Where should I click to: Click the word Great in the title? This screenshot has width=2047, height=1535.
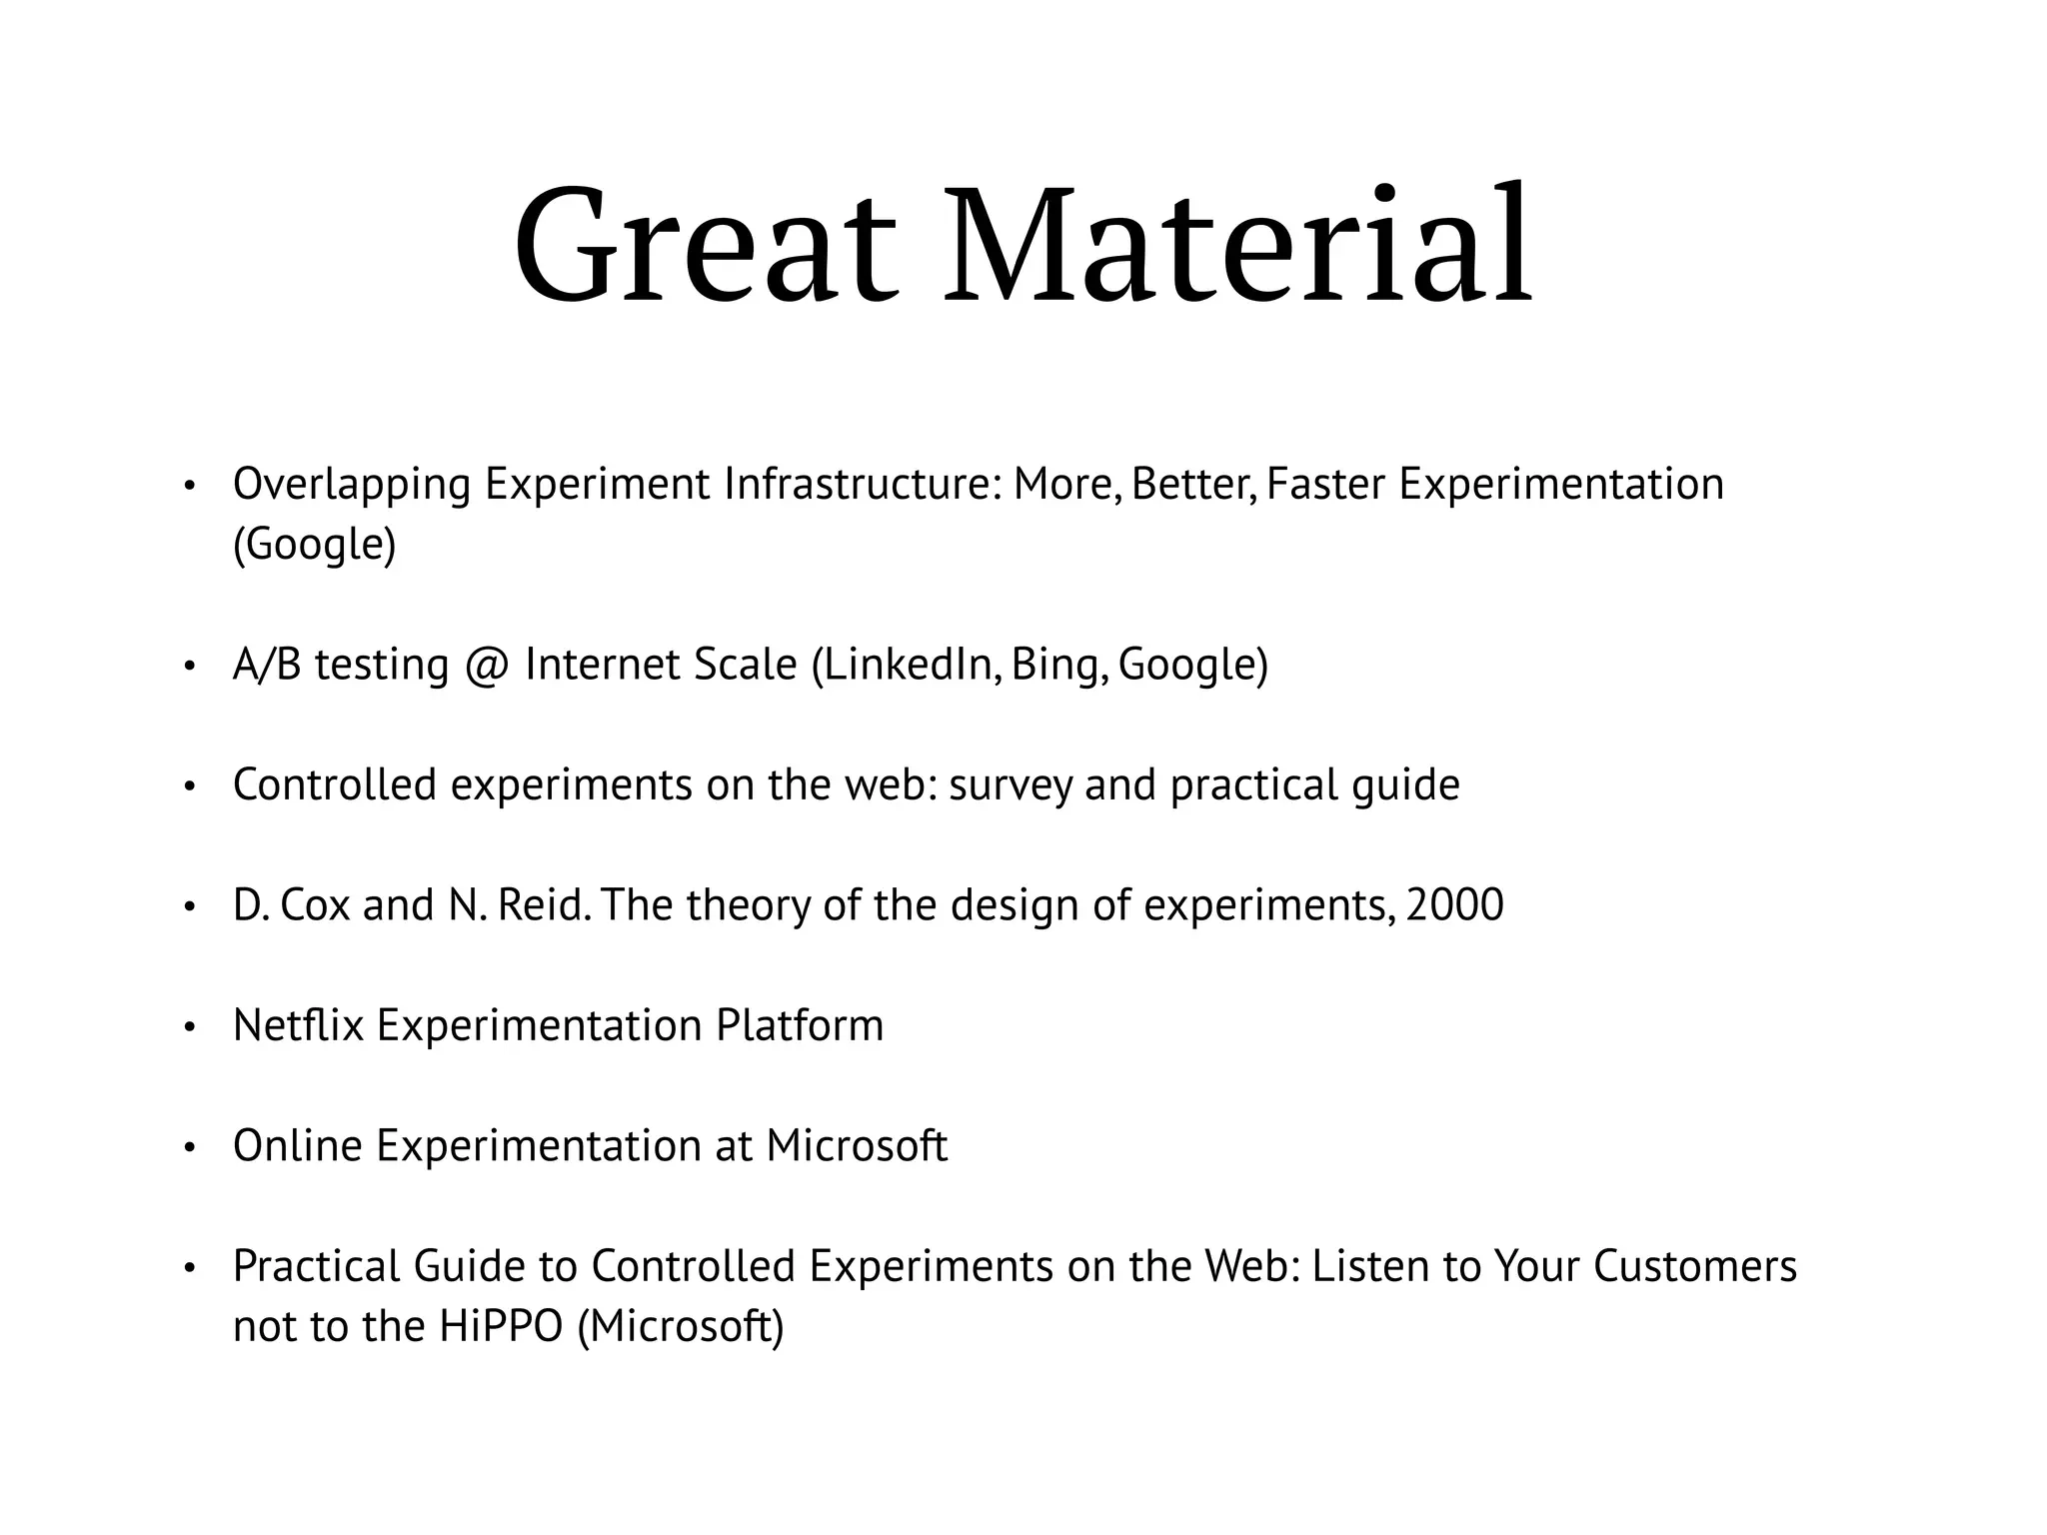pos(706,245)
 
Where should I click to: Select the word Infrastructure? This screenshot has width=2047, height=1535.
pos(862,485)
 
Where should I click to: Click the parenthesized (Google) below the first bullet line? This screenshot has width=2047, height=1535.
pos(315,546)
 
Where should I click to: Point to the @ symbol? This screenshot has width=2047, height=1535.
pos(487,666)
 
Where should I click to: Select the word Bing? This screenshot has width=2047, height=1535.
pos(1059,666)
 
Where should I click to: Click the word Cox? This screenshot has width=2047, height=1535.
pos(315,906)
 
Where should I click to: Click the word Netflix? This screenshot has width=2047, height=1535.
pos(298,1026)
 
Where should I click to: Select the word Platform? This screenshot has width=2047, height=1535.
pos(800,1026)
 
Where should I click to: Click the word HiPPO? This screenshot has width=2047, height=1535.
pos(501,1327)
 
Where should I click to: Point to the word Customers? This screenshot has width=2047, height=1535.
pos(1695,1267)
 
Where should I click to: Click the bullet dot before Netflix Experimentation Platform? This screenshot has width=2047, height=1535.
pos(188,1028)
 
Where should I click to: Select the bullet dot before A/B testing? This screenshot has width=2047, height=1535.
pos(188,668)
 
